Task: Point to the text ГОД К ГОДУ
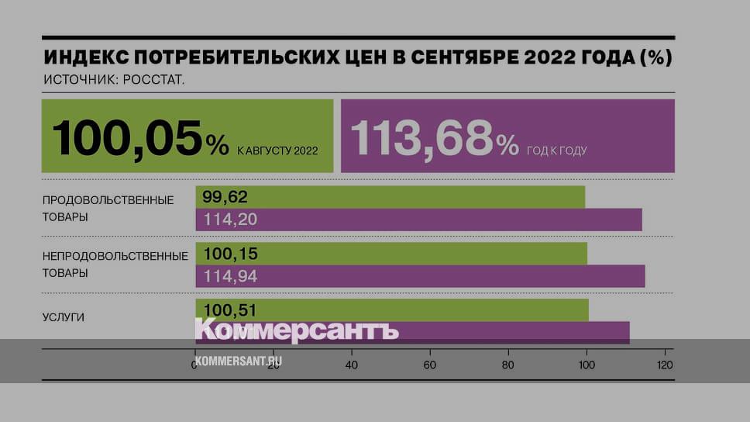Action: pyautogui.click(x=556, y=150)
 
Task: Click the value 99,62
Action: pyautogui.click(x=225, y=197)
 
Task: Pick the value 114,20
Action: pyautogui.click(x=230, y=220)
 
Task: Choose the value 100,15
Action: pyautogui.click(x=230, y=254)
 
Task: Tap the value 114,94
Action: pyautogui.click(x=230, y=276)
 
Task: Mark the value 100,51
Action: pyautogui.click(x=230, y=310)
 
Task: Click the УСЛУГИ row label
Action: pyautogui.click(x=64, y=317)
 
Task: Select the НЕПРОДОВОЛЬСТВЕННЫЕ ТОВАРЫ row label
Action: pyautogui.click(x=115, y=264)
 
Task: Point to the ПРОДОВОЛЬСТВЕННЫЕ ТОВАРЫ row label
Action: pyautogui.click(x=108, y=208)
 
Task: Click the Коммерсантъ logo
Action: pyautogui.click(x=296, y=330)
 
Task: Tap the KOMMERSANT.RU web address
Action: pyautogui.click(x=238, y=361)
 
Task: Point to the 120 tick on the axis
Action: pyautogui.click(x=664, y=364)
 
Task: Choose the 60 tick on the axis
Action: pyautogui.click(x=430, y=364)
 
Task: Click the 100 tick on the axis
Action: pyautogui.click(x=587, y=364)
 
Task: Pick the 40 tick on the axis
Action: pyautogui.click(x=352, y=364)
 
